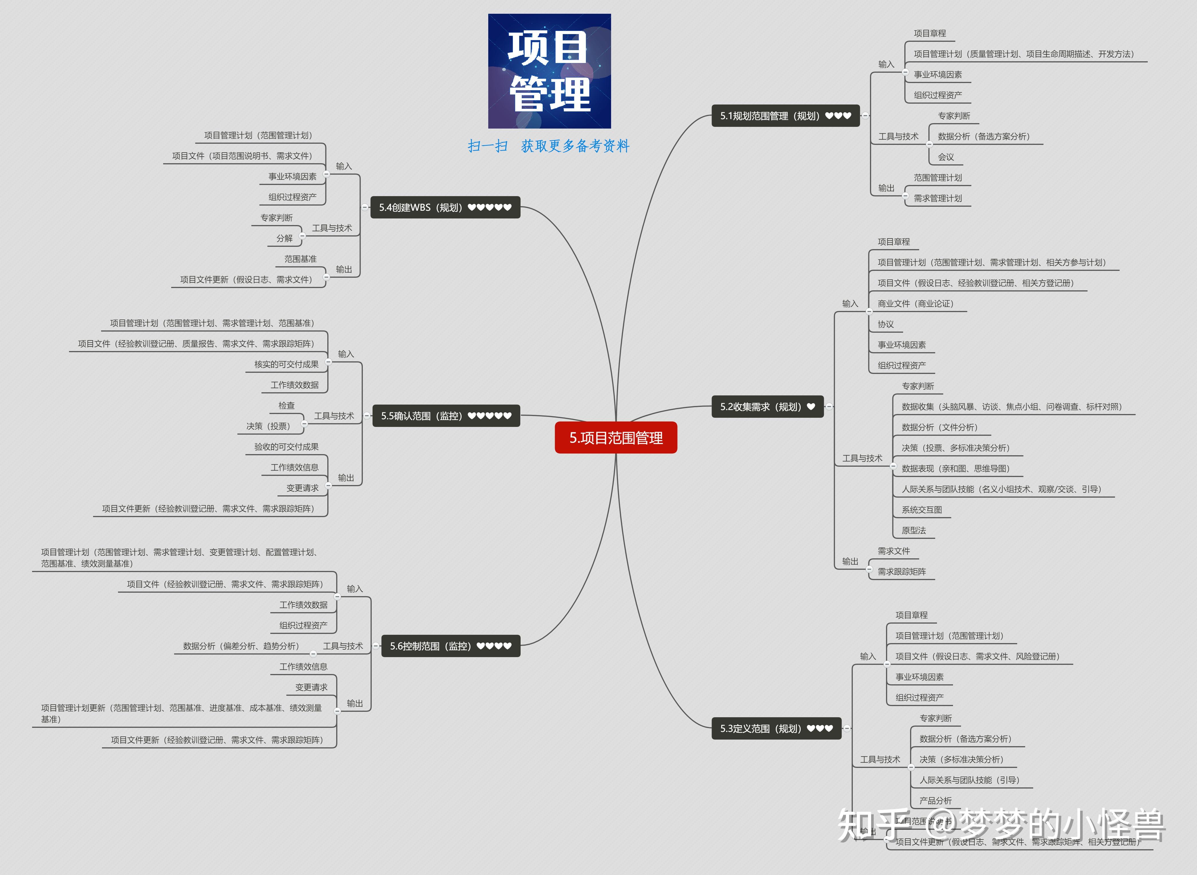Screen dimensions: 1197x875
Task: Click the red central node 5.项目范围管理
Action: (x=615, y=437)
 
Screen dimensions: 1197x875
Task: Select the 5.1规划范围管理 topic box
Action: (x=785, y=115)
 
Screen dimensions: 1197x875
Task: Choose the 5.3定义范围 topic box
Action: (x=776, y=728)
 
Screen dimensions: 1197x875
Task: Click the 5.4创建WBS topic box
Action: (x=445, y=207)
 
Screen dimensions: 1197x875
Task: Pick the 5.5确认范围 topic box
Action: (x=446, y=416)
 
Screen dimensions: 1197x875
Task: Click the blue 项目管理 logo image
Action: (x=549, y=71)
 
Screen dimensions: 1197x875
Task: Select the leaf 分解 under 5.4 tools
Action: (x=284, y=238)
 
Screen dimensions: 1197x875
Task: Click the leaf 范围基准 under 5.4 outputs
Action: (x=300, y=259)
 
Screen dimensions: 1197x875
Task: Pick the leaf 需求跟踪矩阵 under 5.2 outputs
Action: (x=901, y=571)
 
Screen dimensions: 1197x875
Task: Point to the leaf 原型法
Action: (x=913, y=530)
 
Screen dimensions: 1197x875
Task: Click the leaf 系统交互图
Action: (x=922, y=510)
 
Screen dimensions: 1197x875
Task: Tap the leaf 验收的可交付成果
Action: (x=286, y=446)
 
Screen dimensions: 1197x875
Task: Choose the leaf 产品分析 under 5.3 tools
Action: (x=935, y=800)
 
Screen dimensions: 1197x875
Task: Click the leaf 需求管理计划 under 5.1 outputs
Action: (x=938, y=198)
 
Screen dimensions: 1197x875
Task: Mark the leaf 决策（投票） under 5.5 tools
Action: (x=268, y=426)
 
